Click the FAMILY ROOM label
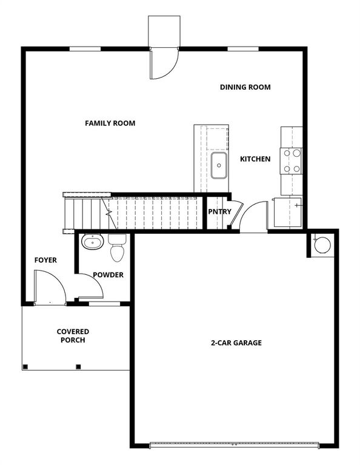coord(110,124)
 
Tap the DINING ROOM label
coord(245,87)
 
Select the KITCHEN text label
coord(255,159)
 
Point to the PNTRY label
coord(219,212)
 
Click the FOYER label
coord(45,260)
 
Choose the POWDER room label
coord(108,275)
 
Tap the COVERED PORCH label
coord(73,336)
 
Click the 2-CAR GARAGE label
coord(236,343)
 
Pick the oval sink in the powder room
coord(93,243)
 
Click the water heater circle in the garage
coord(321,244)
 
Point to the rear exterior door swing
coord(163,64)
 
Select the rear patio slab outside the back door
coord(164,31)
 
